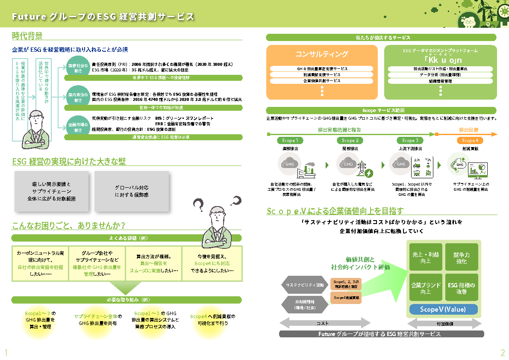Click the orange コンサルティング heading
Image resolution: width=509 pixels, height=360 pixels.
click(x=322, y=54)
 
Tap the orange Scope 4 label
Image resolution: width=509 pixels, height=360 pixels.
click(x=470, y=140)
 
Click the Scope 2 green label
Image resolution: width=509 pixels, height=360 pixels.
click(x=350, y=140)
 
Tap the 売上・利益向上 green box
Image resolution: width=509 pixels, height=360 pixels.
click(x=425, y=258)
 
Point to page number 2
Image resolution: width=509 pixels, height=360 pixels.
click(x=503, y=353)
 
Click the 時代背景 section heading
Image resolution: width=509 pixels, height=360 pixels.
click(x=27, y=35)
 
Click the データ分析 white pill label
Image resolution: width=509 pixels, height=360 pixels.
click(x=440, y=75)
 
